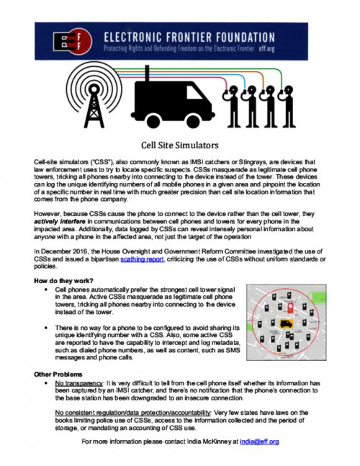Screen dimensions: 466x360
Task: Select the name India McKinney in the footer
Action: [x=212, y=441]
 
